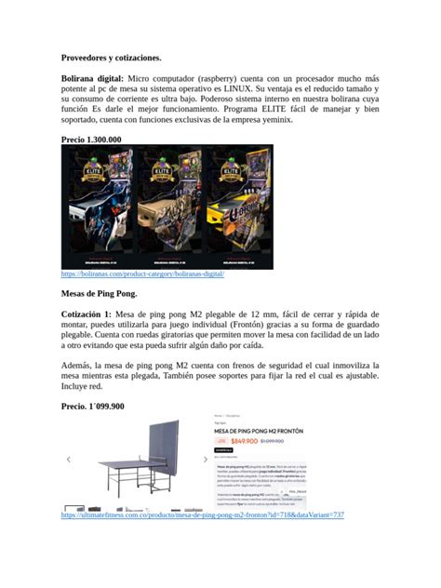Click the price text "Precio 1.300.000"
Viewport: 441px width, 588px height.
tap(91, 139)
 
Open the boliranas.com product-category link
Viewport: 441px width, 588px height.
tap(142, 274)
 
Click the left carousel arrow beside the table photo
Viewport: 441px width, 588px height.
tap(68, 460)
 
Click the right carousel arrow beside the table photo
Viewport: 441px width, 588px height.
tap(206, 460)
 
